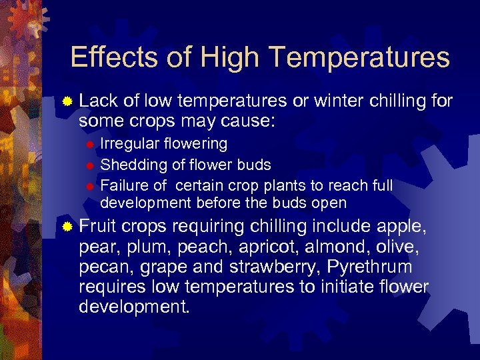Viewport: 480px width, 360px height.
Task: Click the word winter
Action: (350, 101)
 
